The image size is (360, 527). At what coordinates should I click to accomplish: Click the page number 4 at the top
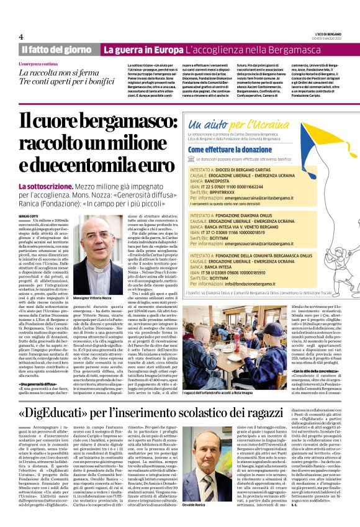[21, 37]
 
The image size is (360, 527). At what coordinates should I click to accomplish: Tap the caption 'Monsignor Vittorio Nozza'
[97, 299]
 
